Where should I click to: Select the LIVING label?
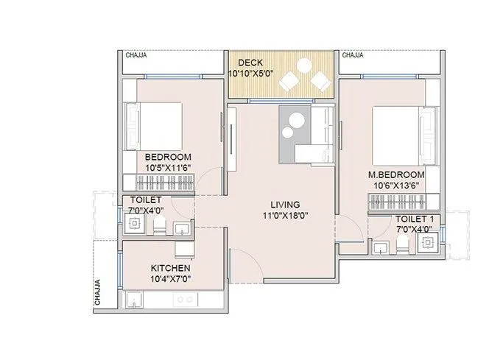(284, 205)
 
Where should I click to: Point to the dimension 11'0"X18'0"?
(284, 216)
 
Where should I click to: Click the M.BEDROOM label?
(396, 174)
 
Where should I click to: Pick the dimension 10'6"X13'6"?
(396, 185)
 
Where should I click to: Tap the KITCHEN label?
(170, 268)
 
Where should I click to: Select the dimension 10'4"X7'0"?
(170, 279)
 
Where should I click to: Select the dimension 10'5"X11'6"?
(168, 168)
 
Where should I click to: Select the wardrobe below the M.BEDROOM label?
(403, 201)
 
